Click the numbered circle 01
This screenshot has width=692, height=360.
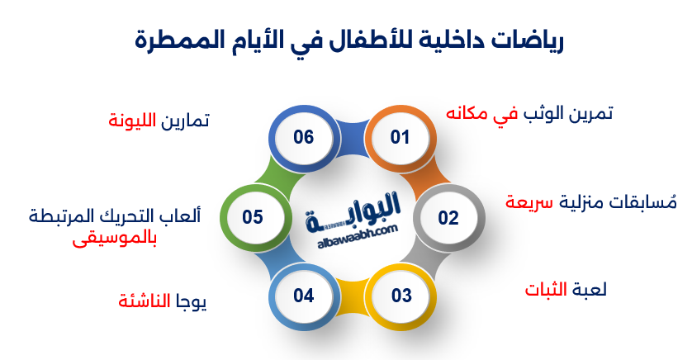(x=400, y=137)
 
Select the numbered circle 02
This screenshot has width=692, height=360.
(x=448, y=218)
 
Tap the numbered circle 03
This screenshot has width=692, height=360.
(x=401, y=295)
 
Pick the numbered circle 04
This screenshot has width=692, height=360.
(x=304, y=295)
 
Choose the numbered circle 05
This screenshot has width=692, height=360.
(x=253, y=218)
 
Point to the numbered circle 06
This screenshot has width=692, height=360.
(x=304, y=137)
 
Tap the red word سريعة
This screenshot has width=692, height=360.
(x=529, y=203)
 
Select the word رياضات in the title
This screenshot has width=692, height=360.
(x=527, y=40)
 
